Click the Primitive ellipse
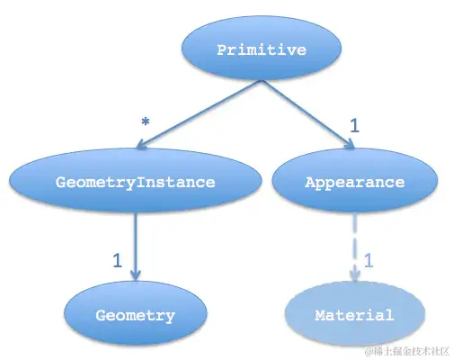pyautogui.click(x=262, y=49)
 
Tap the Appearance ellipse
pyautogui.click(x=354, y=182)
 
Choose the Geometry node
pyautogui.click(x=135, y=315)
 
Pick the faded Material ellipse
pyautogui.click(x=354, y=315)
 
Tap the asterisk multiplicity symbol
pyautogui.click(x=145, y=121)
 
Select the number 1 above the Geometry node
pyautogui.click(x=117, y=261)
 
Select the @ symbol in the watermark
pyautogui.click(x=368, y=349)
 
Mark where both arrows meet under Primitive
pyautogui.click(x=262, y=82)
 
